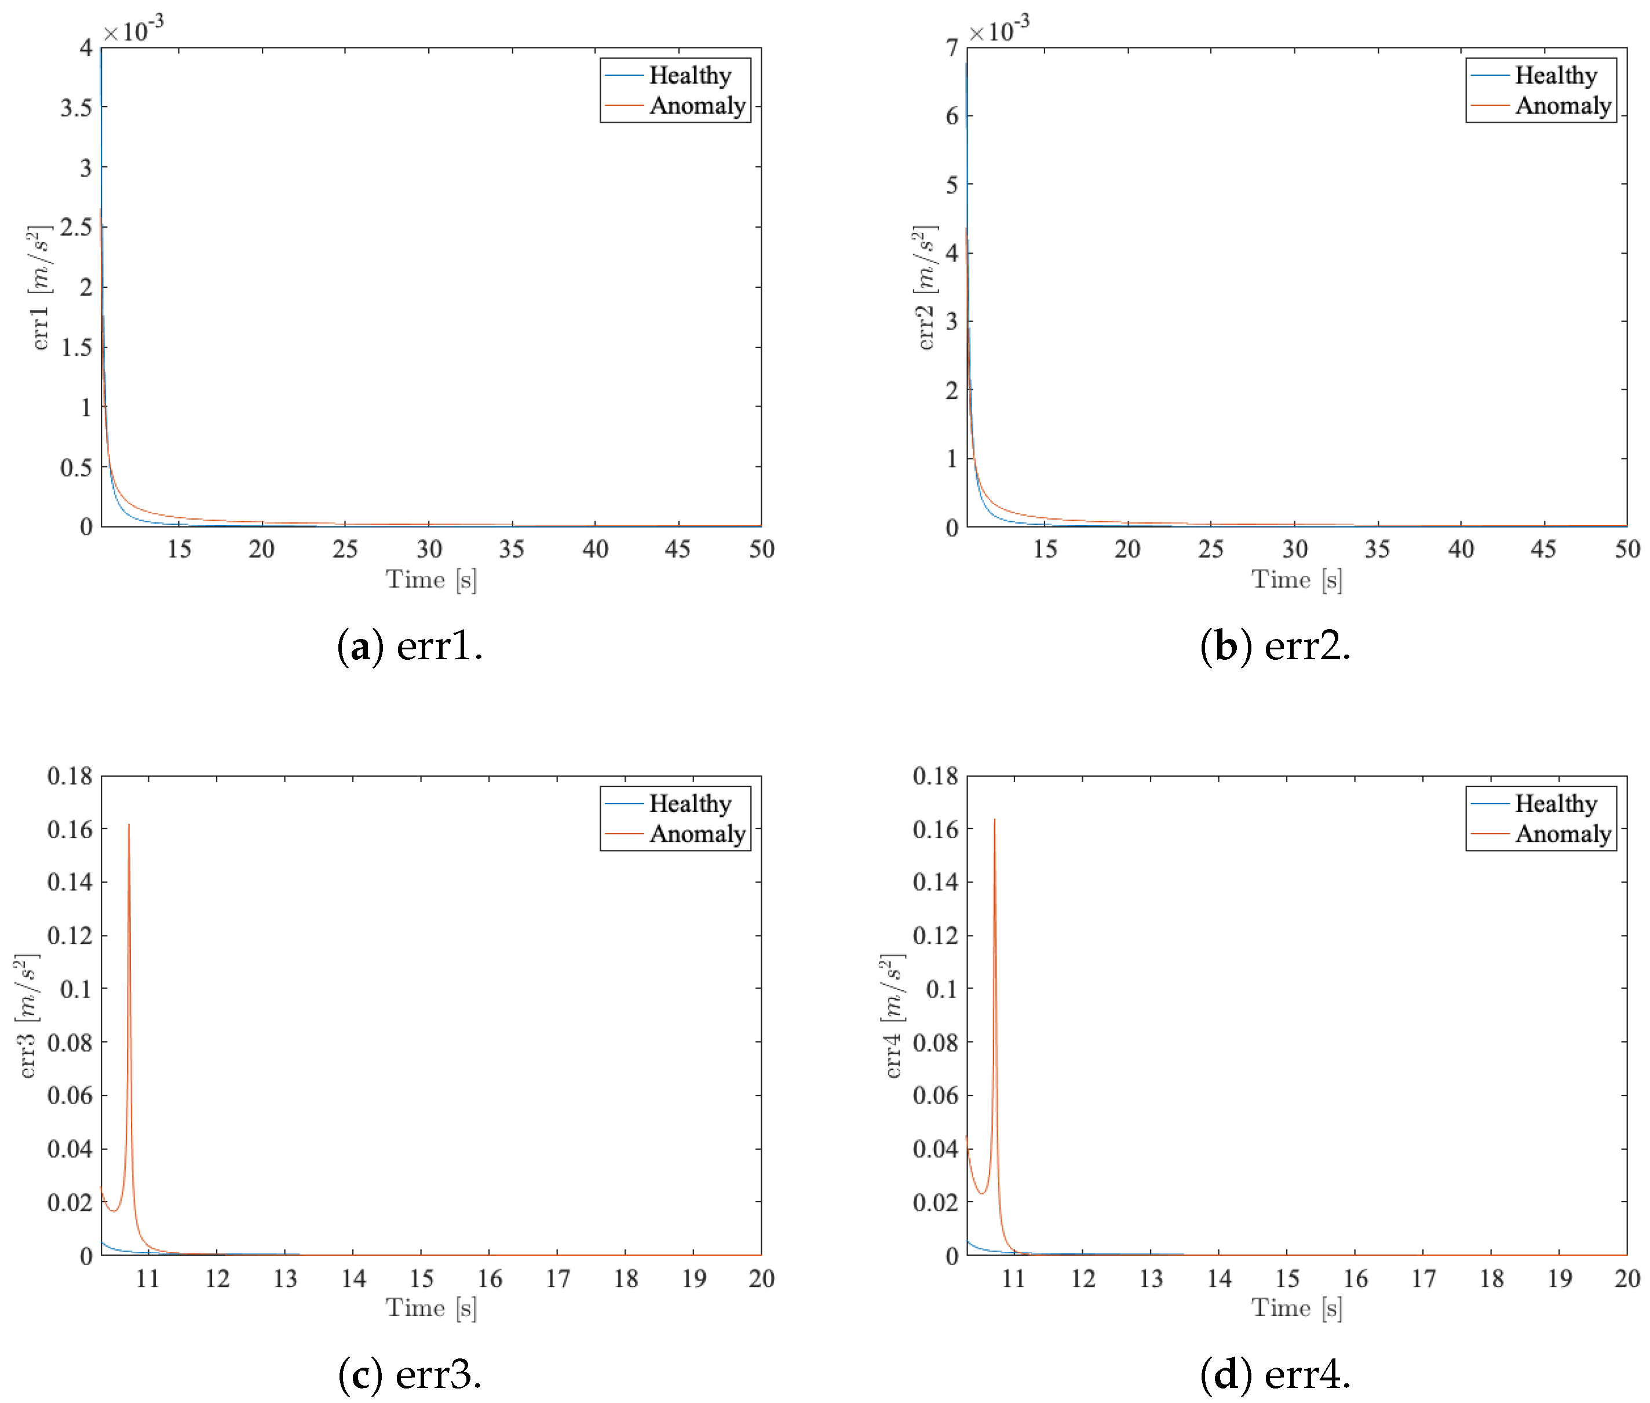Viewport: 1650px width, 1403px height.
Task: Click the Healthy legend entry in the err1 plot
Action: [x=689, y=75]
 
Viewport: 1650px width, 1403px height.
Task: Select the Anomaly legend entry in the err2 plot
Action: [x=1563, y=106]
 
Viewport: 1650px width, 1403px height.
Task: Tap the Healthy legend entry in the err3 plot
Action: [x=689, y=803]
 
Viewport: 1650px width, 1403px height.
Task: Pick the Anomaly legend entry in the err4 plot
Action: [x=1563, y=834]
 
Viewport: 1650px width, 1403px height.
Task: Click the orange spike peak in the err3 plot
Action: [x=129, y=825]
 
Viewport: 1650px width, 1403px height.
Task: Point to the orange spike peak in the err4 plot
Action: [x=994, y=820]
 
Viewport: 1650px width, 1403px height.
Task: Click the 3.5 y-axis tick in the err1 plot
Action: [x=76, y=107]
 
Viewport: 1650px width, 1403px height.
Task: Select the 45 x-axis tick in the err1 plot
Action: [x=678, y=549]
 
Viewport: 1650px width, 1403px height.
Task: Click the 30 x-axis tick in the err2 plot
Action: [x=1294, y=549]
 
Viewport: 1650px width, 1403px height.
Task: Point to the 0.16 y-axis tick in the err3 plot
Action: [x=70, y=830]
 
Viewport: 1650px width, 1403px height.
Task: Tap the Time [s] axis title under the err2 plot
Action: [x=1297, y=579]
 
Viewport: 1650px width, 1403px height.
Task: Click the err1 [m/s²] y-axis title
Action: [x=40, y=288]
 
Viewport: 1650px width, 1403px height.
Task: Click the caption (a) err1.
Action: [x=410, y=645]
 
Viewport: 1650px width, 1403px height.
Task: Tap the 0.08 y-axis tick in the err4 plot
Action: [x=935, y=1043]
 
